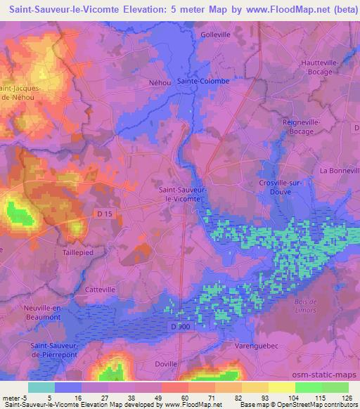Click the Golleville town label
[216, 34]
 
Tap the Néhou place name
[160, 83]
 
